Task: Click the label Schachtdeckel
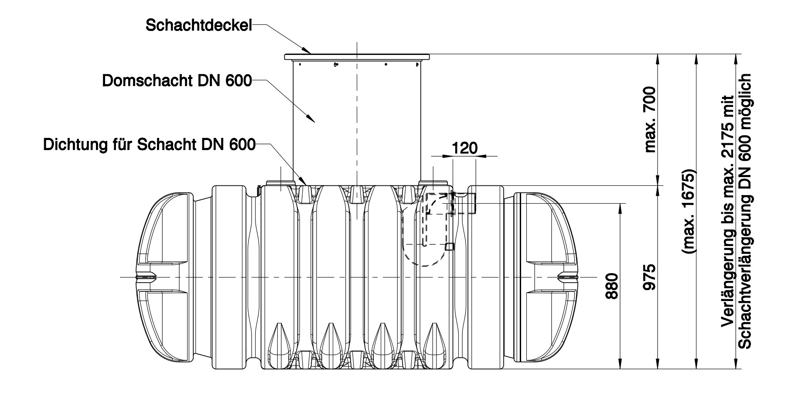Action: tap(199, 25)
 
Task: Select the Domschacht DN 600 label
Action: tap(177, 81)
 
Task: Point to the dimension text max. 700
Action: tap(650, 120)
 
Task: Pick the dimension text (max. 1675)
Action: tap(689, 211)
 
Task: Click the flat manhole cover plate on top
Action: tap(357, 57)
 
